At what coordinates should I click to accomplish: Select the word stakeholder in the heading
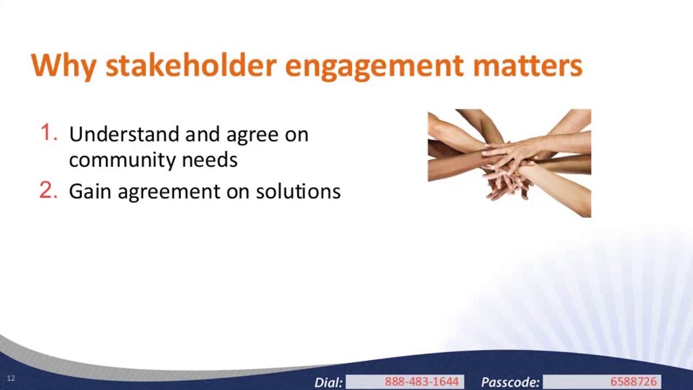(191, 65)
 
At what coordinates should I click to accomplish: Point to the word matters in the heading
(527, 65)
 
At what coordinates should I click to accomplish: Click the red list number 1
(49, 133)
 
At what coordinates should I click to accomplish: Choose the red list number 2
(48, 190)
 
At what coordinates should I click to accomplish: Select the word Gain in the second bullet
(90, 192)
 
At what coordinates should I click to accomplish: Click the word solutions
(298, 192)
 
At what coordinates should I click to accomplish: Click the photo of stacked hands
(509, 163)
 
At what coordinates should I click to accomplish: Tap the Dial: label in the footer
(328, 382)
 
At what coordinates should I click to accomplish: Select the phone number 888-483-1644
(421, 382)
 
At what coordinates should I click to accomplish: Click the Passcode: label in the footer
(510, 382)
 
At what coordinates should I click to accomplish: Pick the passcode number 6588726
(633, 382)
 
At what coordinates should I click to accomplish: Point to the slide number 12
(11, 378)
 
